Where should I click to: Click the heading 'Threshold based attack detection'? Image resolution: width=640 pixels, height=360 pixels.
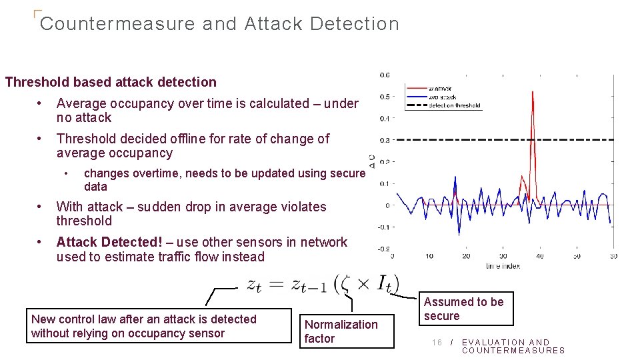pyautogui.click(x=111, y=82)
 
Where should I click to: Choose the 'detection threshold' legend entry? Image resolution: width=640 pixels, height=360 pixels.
pyautogui.click(x=453, y=105)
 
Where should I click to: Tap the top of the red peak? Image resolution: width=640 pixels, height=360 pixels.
pyautogui.click(x=532, y=92)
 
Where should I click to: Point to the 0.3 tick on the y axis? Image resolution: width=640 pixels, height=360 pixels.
pyautogui.click(x=385, y=140)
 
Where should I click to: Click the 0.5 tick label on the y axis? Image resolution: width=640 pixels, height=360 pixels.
pyautogui.click(x=385, y=97)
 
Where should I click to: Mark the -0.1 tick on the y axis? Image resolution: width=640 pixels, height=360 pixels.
pyautogui.click(x=383, y=227)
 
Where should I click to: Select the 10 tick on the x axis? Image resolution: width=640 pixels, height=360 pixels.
pyautogui.click(x=429, y=256)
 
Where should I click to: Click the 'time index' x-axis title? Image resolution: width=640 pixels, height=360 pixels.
pyautogui.click(x=503, y=265)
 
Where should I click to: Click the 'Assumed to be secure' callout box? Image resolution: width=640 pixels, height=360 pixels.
pyautogui.click(x=464, y=309)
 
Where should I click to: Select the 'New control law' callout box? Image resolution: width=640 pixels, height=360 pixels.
pyautogui.click(x=160, y=326)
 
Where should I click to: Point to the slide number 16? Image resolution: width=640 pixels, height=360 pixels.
pyautogui.click(x=437, y=343)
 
